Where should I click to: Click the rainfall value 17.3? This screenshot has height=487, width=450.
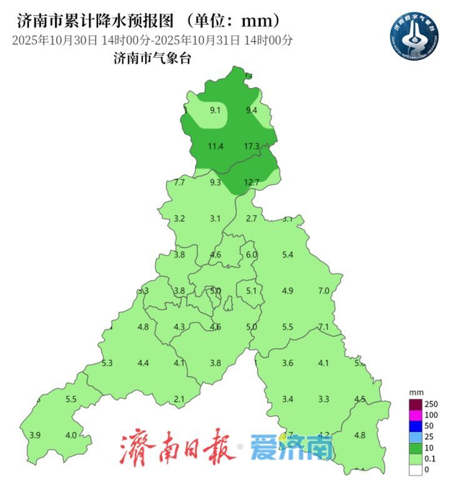click(251, 146)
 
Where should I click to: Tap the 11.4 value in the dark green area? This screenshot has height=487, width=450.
click(215, 146)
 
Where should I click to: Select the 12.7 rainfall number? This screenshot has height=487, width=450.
click(251, 183)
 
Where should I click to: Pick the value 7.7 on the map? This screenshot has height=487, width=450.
click(179, 183)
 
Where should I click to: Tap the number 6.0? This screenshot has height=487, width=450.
click(251, 254)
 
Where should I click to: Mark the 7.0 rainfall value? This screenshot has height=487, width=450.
click(324, 291)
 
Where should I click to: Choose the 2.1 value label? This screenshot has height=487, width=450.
click(179, 399)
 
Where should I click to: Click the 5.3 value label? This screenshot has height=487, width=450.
click(107, 363)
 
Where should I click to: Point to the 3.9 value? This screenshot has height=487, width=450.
click(35, 435)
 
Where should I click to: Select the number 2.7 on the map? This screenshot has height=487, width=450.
click(251, 218)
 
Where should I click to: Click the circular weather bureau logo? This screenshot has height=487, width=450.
click(413, 31)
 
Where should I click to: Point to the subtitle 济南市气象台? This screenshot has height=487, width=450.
click(152, 59)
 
